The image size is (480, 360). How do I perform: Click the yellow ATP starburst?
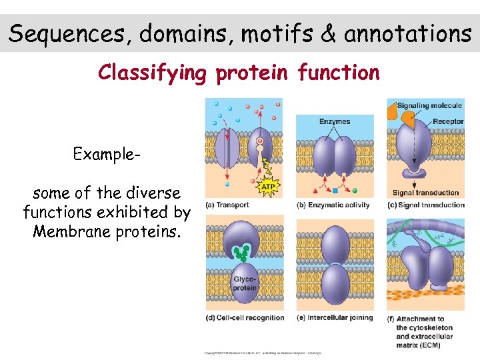(267, 187)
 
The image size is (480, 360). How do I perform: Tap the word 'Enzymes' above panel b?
(334, 121)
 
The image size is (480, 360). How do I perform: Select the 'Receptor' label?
(447, 121)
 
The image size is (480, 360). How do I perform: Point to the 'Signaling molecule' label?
(429, 105)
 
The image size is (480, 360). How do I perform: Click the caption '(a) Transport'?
(227, 205)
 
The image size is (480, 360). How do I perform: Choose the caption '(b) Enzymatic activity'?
(333, 205)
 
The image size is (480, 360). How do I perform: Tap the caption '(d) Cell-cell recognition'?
(245, 317)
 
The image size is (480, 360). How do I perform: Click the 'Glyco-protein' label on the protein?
(245, 283)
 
